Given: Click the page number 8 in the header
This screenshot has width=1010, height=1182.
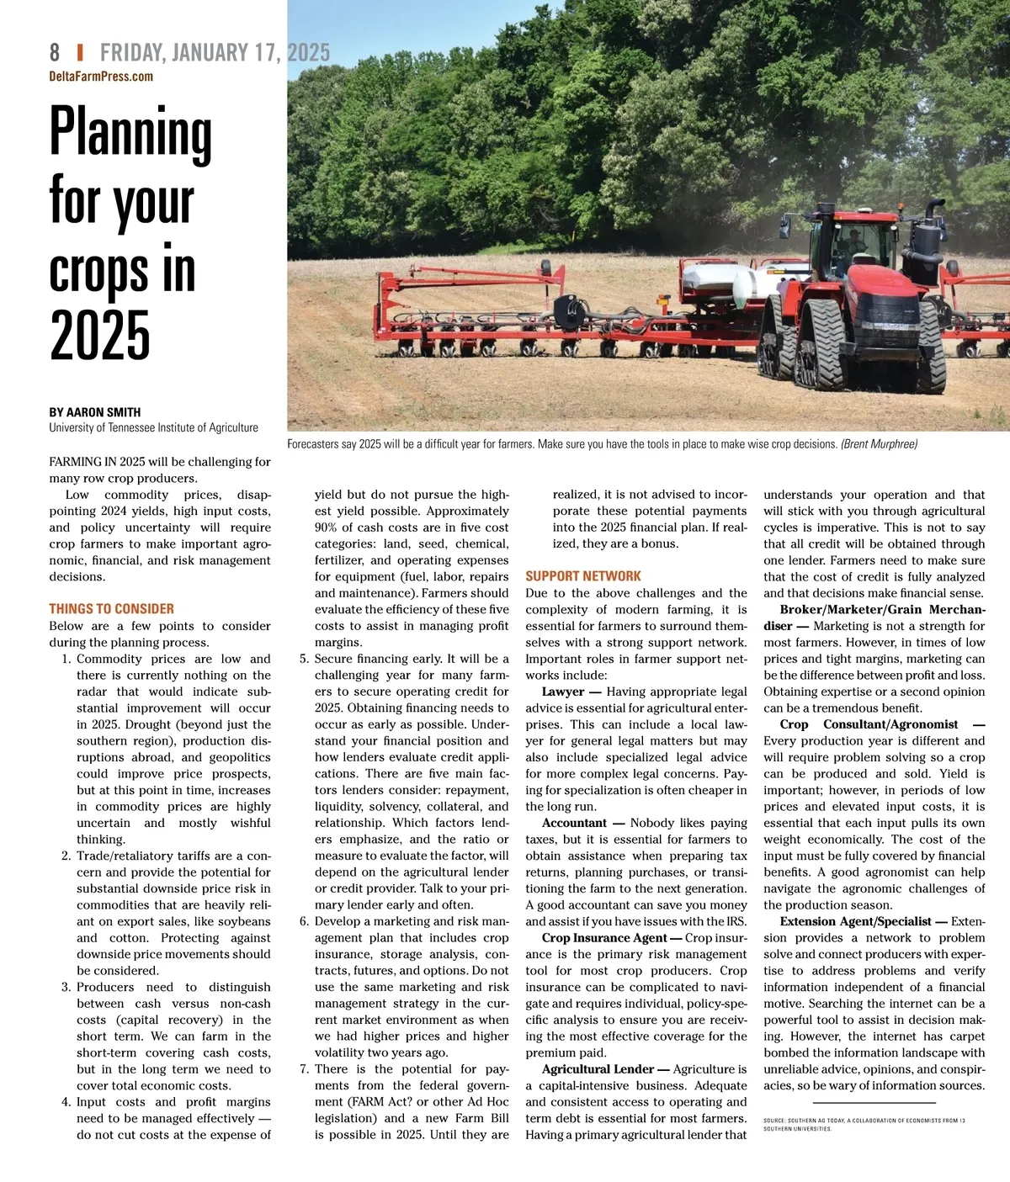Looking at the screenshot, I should pyautogui.click(x=55, y=53).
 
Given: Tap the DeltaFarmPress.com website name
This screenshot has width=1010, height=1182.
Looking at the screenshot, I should pyautogui.click(x=101, y=77).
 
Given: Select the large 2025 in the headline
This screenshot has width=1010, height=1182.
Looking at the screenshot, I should pyautogui.click(x=100, y=336).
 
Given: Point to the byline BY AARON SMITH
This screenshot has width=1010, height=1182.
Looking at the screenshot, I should pyautogui.click(x=95, y=412).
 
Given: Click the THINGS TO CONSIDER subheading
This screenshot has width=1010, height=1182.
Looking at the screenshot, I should pyautogui.click(x=112, y=609).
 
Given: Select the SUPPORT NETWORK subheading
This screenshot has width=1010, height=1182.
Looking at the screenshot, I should pyautogui.click(x=583, y=576).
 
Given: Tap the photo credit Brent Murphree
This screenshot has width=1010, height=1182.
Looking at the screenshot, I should pyautogui.click(x=879, y=444).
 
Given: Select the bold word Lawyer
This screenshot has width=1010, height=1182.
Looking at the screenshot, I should pyautogui.click(x=563, y=692).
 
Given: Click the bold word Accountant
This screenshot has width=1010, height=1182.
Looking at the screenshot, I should pyautogui.click(x=574, y=823).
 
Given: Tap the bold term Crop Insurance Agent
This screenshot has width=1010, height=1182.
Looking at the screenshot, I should pyautogui.click(x=604, y=938).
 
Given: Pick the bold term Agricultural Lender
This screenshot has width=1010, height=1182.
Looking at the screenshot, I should pyautogui.click(x=598, y=1069).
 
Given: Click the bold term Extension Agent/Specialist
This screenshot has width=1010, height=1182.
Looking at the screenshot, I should pyautogui.click(x=855, y=921).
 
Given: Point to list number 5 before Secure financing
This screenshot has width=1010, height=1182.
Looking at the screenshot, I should pyautogui.click(x=304, y=659).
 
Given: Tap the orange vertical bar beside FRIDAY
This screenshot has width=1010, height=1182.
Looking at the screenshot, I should pyautogui.click(x=80, y=53).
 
